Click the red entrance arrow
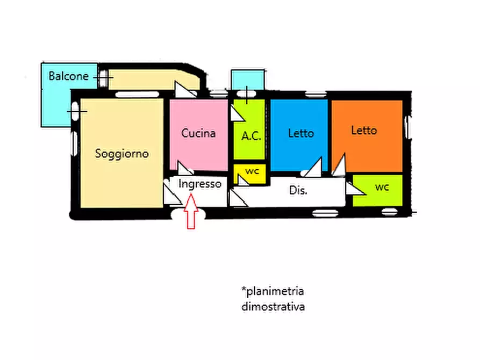pyautogui.click(x=191, y=211)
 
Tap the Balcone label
pyautogui.click(x=69, y=76)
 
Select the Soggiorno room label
pyautogui.click(x=122, y=154)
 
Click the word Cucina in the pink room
pyautogui.click(x=198, y=133)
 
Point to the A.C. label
pyautogui.click(x=252, y=135)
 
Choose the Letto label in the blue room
pyautogui.click(x=301, y=133)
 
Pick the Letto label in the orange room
pyautogui.click(x=364, y=131)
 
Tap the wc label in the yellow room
pyautogui.click(x=252, y=171)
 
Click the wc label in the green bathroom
pyautogui.click(x=382, y=187)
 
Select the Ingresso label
pyautogui.click(x=200, y=184)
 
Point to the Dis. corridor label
pyautogui.click(x=298, y=190)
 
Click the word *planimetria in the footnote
pyautogui.click(x=273, y=291)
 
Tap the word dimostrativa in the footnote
pyautogui.click(x=273, y=306)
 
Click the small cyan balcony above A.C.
pyautogui.click(x=248, y=80)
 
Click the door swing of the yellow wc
pyautogui.click(x=242, y=181)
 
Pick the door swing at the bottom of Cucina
pyautogui.click(x=184, y=168)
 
